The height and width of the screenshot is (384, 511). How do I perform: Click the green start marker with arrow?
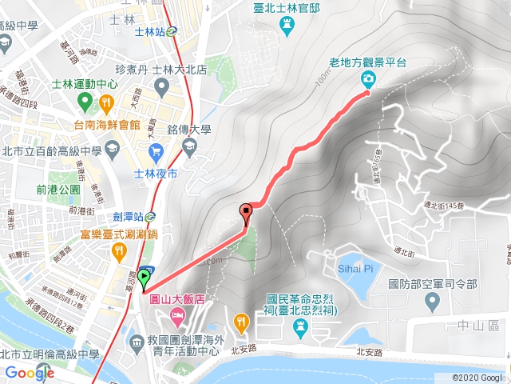coord(144,278)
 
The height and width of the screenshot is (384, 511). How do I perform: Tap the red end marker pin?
coord(246,213)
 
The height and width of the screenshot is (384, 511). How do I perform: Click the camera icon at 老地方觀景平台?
coord(368,78)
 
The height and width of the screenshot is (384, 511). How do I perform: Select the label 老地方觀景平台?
coord(367,62)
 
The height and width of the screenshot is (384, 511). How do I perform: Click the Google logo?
coord(29,373)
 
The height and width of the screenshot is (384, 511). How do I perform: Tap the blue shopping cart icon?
coord(156,150)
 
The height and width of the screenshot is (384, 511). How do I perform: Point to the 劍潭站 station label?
coord(128,216)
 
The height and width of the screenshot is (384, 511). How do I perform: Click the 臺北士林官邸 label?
coord(286,7)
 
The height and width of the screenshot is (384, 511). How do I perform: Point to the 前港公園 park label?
coord(58,189)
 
